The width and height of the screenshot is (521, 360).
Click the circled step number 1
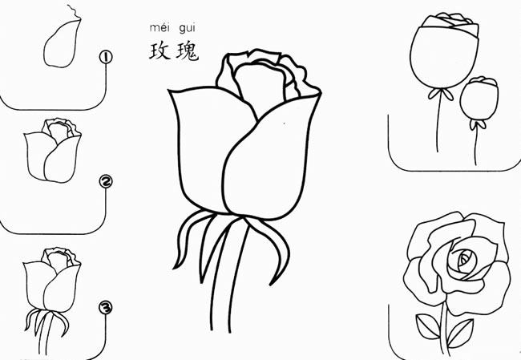point(106,57)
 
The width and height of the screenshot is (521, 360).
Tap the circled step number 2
point(106,181)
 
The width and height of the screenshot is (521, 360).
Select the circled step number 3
point(105,307)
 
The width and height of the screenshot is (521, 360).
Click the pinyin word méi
point(160,28)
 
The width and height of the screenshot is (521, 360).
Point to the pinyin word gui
point(187,29)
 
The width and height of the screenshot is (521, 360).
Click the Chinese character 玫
point(160,51)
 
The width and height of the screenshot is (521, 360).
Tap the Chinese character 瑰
point(188,52)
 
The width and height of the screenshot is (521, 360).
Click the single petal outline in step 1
point(63,43)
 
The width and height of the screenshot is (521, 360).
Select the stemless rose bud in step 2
point(52,150)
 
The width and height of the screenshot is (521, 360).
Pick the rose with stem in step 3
point(51,299)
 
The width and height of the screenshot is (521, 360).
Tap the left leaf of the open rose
point(428,326)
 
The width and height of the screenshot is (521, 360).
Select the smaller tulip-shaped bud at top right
point(479,99)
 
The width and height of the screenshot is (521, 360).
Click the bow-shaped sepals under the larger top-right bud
point(441,93)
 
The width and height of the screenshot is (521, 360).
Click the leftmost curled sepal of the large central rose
point(186,240)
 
